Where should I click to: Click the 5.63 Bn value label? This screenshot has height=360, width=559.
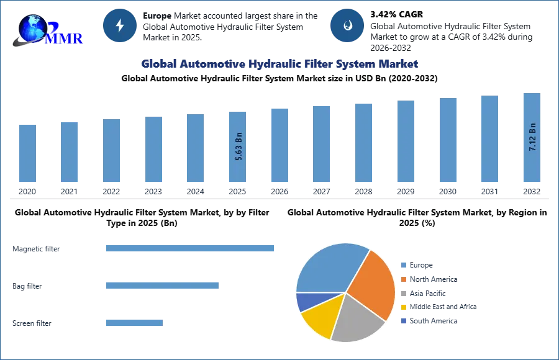tap(239, 146)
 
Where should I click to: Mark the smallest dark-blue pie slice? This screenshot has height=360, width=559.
tap(305, 302)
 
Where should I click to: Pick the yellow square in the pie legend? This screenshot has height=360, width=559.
tap(402, 307)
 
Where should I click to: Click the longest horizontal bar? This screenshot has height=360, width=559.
tap(191, 248)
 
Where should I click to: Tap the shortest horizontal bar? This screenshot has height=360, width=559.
tap(134, 323)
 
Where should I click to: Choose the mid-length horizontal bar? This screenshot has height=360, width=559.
tap(161, 286)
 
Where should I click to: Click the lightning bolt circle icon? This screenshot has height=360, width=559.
tap(120, 25)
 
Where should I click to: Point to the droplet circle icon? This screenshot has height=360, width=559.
tap(347, 25)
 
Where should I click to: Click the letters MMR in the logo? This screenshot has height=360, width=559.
tap(64, 38)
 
